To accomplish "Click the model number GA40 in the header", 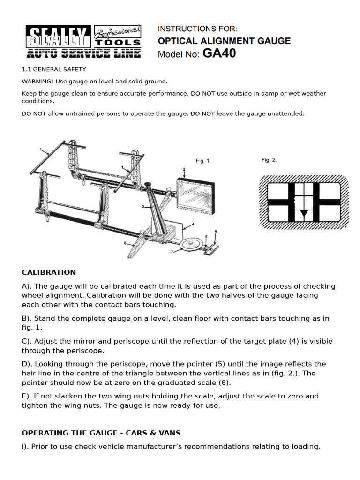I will pos(219,54).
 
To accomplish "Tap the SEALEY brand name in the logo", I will pos(59,37).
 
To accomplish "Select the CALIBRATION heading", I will pos(49,272).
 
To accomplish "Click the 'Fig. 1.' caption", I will pos(203,161).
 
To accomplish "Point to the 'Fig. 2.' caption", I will pos(269,160).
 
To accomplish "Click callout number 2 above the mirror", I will pos(184,169).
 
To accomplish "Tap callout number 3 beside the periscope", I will pos(142,206).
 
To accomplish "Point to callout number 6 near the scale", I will pos(216,232).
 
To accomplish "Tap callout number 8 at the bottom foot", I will pos(125,243).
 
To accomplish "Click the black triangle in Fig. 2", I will pos(302,215).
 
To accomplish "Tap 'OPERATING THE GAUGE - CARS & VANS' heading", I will pos(101,432).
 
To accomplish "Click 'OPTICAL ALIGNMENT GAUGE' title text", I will pos(224,41).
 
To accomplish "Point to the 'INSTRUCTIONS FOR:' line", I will pos(197,29).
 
